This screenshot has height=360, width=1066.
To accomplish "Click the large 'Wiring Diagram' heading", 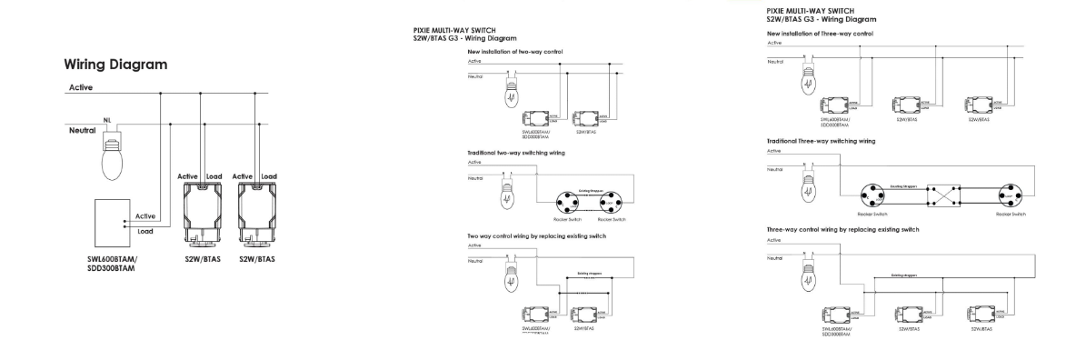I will [x=115, y=65].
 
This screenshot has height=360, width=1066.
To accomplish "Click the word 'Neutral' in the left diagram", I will [x=83, y=131].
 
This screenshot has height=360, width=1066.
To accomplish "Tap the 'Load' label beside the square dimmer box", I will [x=144, y=231].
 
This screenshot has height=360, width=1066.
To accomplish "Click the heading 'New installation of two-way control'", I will [x=514, y=52].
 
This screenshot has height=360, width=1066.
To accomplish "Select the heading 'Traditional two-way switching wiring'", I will [x=516, y=153].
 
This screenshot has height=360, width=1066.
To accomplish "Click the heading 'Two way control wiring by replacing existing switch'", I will [x=536, y=235].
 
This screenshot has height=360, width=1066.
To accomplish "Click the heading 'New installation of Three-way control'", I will [x=820, y=33].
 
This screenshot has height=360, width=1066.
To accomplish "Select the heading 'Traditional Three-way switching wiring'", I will [x=822, y=141].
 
